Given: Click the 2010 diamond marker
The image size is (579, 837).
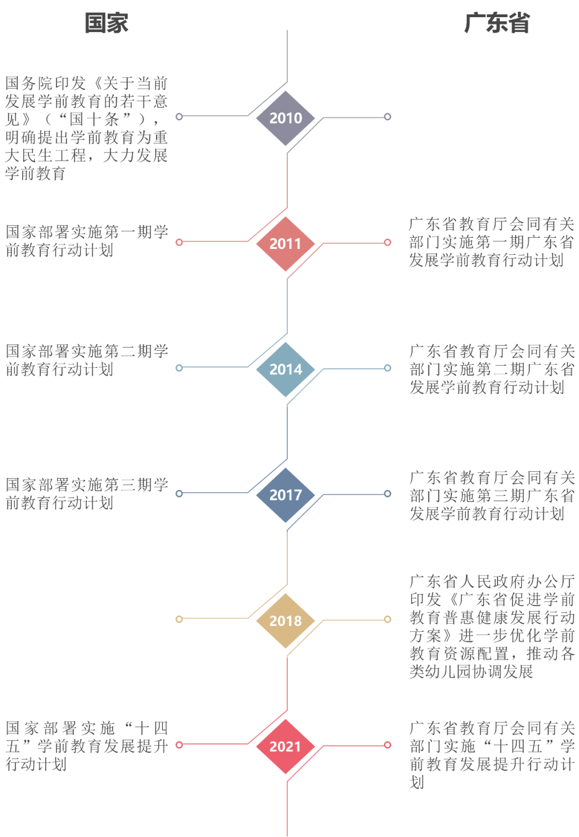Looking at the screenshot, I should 285,118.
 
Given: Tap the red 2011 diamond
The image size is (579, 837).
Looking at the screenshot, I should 285,244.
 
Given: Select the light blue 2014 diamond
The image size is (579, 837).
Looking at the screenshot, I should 285,369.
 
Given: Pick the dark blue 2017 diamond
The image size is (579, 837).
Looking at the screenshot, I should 285,495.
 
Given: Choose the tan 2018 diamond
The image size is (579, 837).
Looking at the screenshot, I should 285,621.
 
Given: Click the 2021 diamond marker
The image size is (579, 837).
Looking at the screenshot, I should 285,746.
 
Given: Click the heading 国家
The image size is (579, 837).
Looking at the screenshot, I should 106,23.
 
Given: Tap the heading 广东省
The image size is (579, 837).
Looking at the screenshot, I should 496,23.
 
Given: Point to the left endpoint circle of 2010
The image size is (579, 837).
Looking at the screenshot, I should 180,116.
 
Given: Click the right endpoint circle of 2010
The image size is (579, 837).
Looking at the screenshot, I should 388,117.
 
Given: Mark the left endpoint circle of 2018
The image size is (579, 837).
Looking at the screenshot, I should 180,619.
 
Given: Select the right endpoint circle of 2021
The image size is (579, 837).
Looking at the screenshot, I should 388,745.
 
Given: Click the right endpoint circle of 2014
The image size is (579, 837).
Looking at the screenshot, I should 388,368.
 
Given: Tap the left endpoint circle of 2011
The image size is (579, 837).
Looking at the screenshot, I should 180,242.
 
